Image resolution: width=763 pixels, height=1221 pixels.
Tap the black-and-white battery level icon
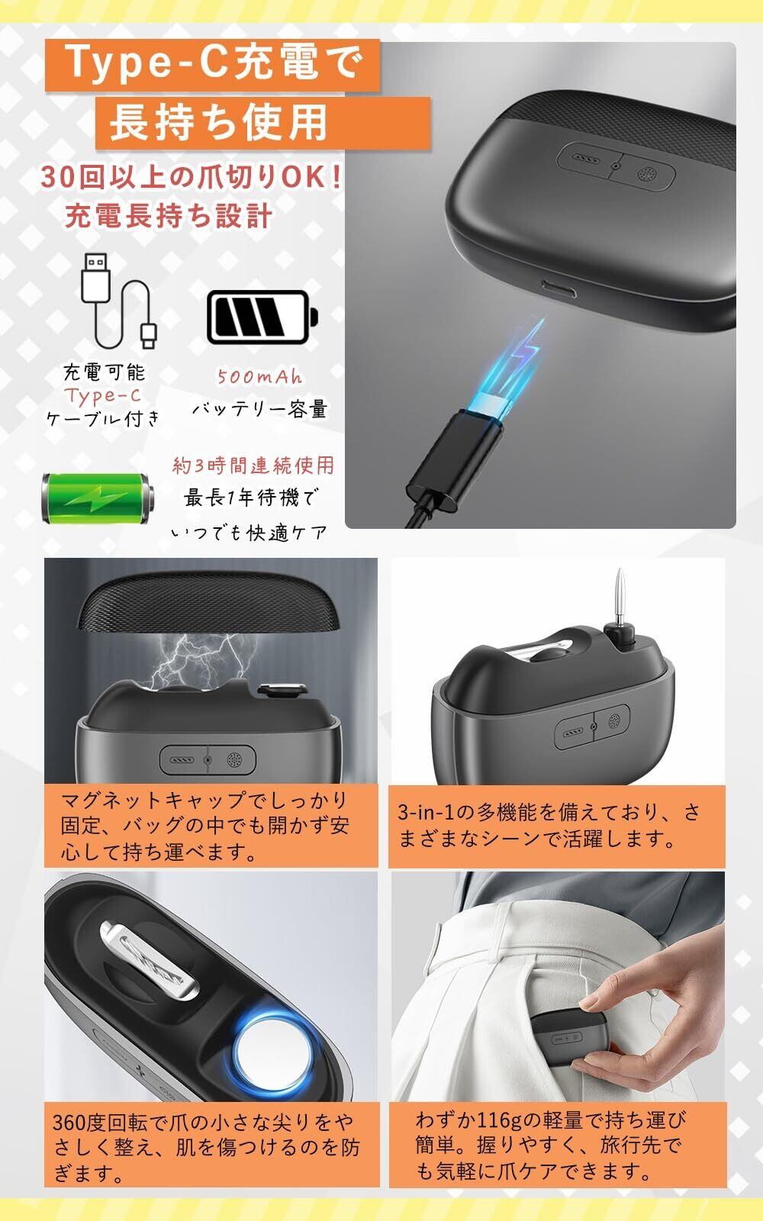point(262,317)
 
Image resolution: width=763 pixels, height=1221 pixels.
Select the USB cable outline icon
point(120,301)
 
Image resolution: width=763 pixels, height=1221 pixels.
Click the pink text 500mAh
point(259,376)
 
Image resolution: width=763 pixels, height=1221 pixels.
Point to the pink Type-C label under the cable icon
point(103,395)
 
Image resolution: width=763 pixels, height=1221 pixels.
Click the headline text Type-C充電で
point(212,64)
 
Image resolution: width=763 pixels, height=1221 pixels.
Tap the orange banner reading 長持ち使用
point(263,123)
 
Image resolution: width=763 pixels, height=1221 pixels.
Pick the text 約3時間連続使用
point(253,466)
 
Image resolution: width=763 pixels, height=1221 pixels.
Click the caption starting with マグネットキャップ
point(205,826)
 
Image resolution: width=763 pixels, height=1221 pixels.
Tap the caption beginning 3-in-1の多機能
point(549,825)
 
